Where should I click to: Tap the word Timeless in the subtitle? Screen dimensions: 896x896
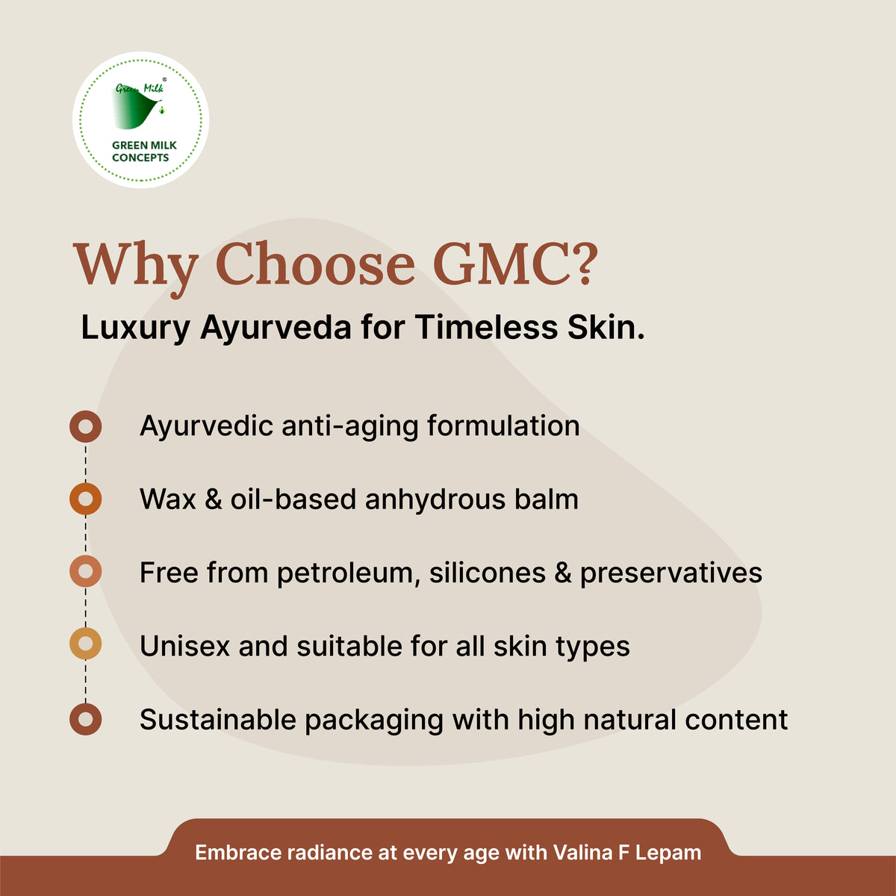[486, 329]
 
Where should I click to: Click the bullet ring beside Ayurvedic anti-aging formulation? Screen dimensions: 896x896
[86, 426]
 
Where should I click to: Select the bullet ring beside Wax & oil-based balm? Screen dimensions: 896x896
[86, 499]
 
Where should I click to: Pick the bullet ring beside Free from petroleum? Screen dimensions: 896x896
[86, 572]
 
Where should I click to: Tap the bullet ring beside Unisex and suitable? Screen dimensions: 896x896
[86, 644]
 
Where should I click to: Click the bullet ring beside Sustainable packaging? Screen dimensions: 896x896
[86, 719]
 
